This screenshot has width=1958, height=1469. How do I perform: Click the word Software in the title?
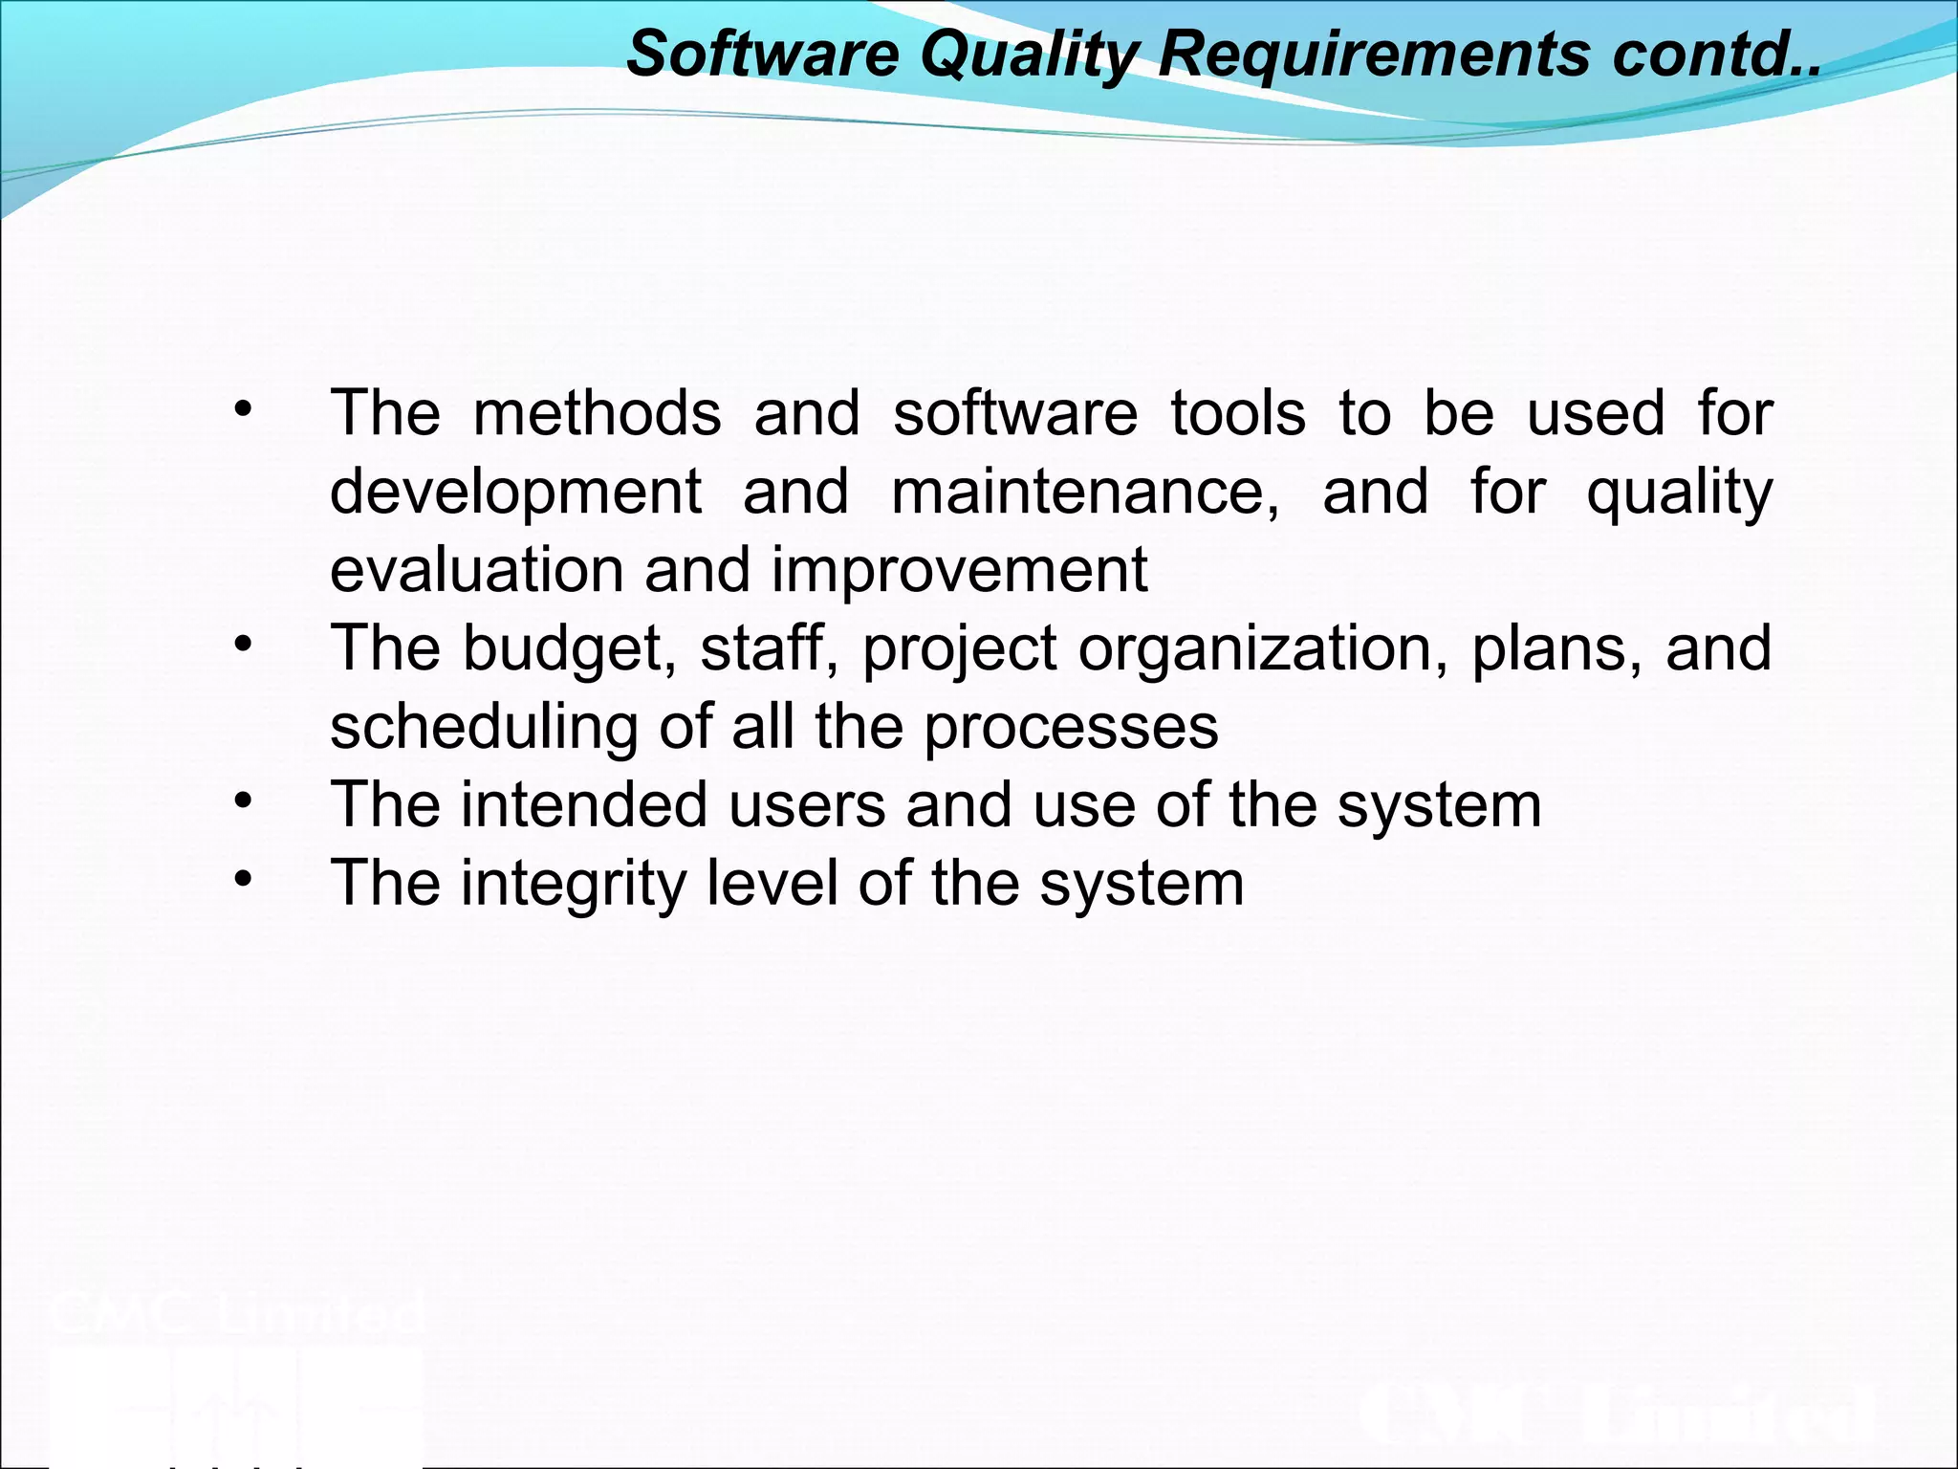coord(762,53)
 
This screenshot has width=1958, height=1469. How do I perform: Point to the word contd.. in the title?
coord(1716,55)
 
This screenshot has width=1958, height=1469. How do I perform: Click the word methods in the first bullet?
coord(597,413)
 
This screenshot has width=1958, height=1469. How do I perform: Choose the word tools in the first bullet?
coord(1238,413)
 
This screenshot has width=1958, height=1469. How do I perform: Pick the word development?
coord(516,493)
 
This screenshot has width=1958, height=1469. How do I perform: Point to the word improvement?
coord(959,572)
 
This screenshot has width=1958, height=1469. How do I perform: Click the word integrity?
coord(574,884)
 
